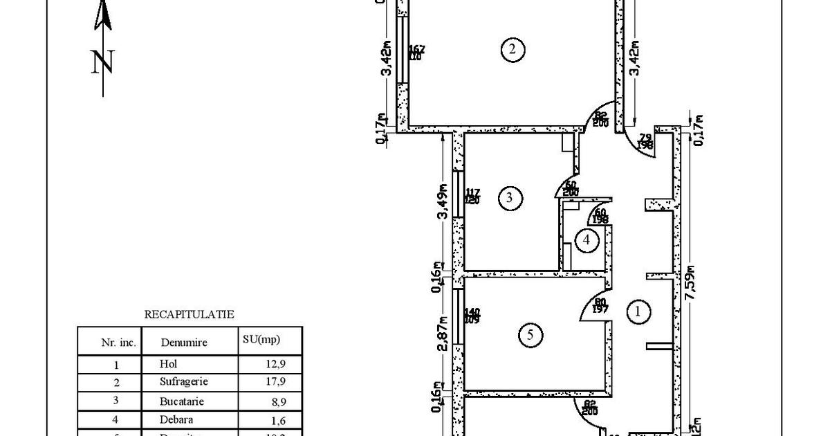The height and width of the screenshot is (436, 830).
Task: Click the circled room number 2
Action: point(512,49)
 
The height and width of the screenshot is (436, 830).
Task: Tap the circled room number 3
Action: point(510,199)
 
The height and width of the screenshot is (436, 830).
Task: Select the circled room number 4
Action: point(587,241)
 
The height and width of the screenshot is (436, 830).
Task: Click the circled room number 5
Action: point(531,336)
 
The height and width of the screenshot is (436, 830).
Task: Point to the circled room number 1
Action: point(638,312)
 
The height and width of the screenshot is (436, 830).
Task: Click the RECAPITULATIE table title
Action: point(189,314)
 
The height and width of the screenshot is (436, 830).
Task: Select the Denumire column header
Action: point(183,342)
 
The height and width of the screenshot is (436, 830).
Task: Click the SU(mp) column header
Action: point(262,340)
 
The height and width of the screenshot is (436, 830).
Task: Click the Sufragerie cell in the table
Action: point(183,381)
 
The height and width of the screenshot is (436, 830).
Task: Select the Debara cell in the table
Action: point(176,419)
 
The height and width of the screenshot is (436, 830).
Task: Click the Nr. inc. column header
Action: point(119,342)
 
